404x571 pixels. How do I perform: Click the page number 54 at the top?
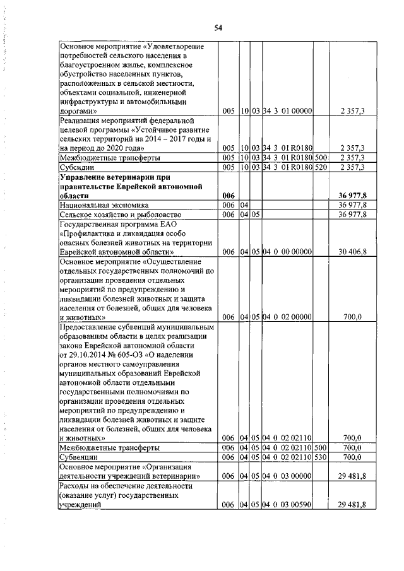(x=218, y=27)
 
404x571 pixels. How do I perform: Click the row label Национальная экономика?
(x=104, y=205)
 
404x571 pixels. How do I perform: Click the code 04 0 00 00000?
(x=287, y=252)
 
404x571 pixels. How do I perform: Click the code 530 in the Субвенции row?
(x=321, y=456)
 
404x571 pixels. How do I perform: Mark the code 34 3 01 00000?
(x=287, y=111)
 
